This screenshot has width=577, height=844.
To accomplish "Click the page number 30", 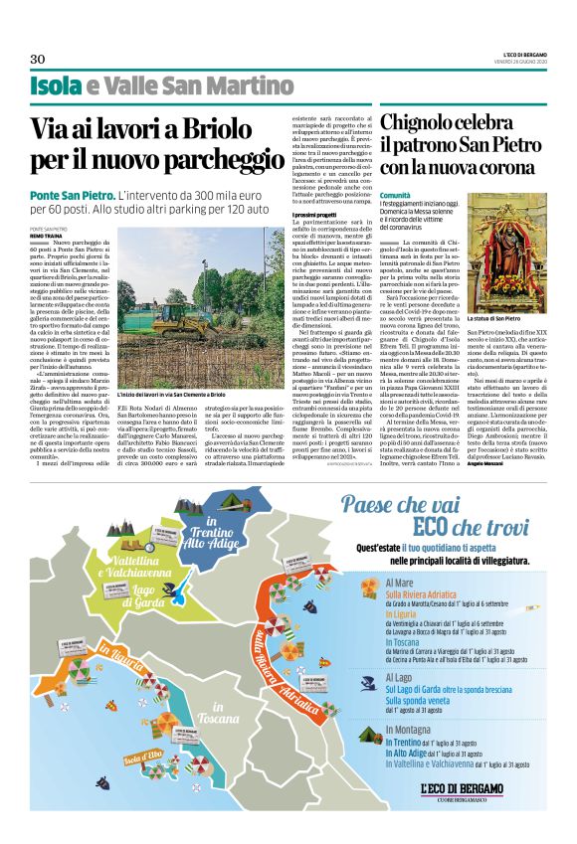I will (38, 59).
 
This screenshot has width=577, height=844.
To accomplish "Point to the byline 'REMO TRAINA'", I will (48, 235).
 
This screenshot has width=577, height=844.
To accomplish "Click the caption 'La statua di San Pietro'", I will (495, 290).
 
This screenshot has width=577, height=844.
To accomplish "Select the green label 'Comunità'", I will (394, 198).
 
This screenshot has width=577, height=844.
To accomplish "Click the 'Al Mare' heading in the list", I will (398, 582).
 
